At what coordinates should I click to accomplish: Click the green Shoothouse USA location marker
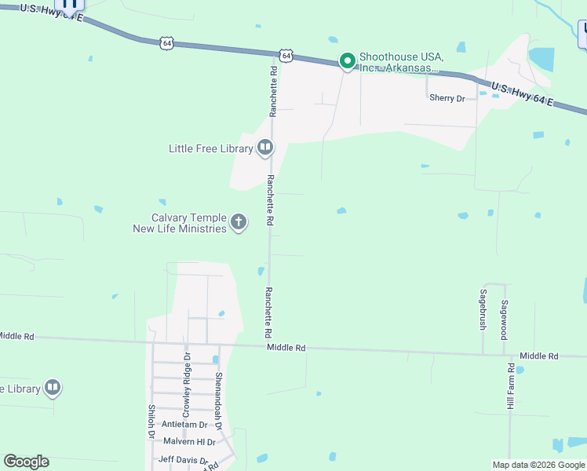pos(347,60)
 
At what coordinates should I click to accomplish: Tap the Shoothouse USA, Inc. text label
pos(398,62)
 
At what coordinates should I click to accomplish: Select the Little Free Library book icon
pos(265,148)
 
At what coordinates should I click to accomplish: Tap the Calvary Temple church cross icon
pos(239,223)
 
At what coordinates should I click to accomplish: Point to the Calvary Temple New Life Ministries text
pos(180,223)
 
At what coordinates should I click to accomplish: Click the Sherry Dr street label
pos(447,98)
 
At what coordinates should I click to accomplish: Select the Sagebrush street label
pos(483,309)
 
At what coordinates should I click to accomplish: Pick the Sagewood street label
pos(505,319)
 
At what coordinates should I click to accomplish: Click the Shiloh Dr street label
pos(151,421)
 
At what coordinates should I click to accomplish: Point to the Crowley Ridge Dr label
pos(187,385)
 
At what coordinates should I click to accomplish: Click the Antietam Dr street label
pos(184,425)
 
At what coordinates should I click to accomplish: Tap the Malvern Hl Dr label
pos(184,442)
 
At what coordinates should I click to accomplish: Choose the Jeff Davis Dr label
pos(184,460)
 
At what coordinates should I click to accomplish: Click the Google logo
pos(26,462)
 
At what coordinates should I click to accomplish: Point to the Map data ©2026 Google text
pos(538,465)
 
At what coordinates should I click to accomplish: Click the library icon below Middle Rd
pos(52,387)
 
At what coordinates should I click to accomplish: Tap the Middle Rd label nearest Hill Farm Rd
pos(538,356)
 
